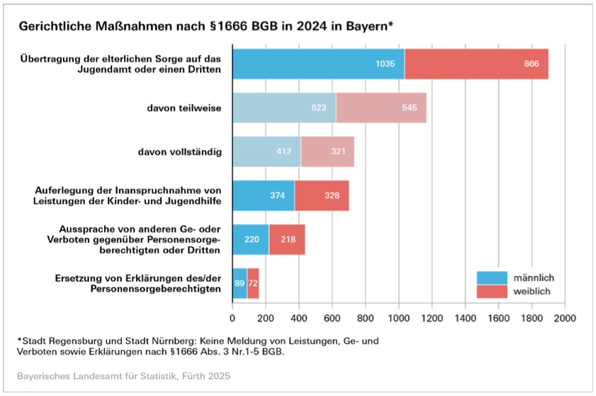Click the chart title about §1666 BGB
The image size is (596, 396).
point(206,26)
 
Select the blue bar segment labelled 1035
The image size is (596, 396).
point(318,64)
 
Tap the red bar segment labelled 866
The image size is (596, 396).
point(476,64)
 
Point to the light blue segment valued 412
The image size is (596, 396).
point(266,152)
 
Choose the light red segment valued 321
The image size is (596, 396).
point(327,152)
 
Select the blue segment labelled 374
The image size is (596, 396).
point(264,196)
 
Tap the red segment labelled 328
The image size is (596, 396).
point(322,196)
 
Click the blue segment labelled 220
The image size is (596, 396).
point(251,239)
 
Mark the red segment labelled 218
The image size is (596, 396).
point(287,239)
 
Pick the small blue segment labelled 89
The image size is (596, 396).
point(240,283)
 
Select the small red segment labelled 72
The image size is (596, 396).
point(253,283)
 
